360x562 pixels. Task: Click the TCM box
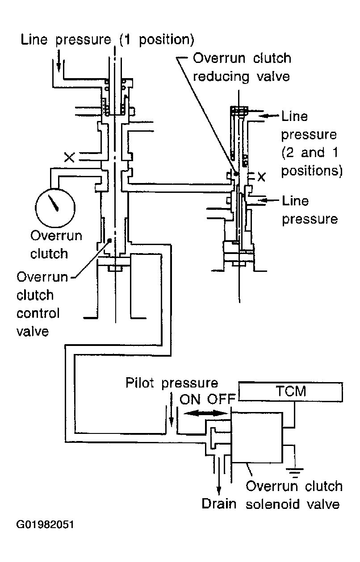[290, 391]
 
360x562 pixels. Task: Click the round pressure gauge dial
[55, 208]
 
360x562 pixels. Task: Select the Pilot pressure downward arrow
[171, 409]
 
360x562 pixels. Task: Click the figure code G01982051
[45, 525]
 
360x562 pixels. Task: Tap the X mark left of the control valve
[69, 157]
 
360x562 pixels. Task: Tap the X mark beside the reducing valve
[261, 177]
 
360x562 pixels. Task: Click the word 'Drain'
[219, 504]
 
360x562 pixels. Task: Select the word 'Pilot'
[140, 383]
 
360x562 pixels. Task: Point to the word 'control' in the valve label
[38, 313]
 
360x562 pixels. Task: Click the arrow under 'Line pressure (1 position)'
[59, 61]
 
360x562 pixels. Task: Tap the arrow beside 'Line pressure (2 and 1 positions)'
[269, 116]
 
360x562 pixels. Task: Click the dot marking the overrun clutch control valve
[109, 240]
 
